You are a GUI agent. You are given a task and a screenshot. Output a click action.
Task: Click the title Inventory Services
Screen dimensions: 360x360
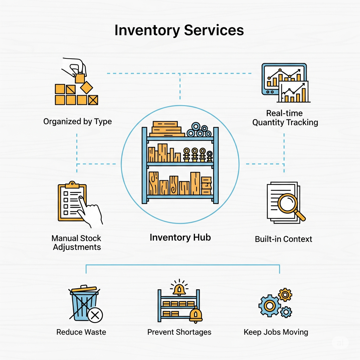[179, 30]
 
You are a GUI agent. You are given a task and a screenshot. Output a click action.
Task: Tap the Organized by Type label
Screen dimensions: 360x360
[77, 122]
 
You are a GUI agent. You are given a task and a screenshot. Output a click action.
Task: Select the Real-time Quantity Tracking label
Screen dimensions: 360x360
[285, 118]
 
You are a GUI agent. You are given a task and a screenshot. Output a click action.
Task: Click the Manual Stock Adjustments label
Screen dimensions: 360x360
[77, 243]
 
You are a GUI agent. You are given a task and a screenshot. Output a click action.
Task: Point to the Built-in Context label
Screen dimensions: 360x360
[283, 239]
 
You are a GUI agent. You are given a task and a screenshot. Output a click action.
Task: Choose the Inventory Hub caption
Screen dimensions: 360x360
[180, 237]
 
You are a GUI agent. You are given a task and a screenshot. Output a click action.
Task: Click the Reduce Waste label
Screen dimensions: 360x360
[81, 332]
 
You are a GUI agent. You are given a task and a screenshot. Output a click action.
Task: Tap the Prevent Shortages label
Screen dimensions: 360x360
[179, 332]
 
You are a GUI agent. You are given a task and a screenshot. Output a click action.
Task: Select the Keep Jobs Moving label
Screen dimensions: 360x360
[276, 332]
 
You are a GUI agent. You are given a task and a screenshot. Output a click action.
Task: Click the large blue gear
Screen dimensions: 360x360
[270, 306]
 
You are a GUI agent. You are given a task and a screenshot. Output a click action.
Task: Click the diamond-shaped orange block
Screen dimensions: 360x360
[86, 87]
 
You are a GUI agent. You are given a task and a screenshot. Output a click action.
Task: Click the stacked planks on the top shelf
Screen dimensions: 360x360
[166, 129]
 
